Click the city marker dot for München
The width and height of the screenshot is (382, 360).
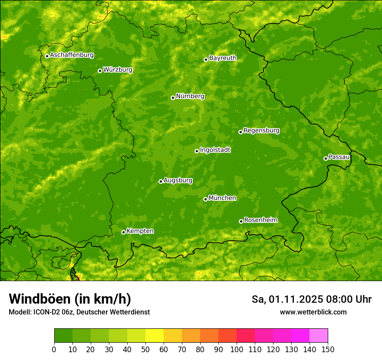coord(205,199)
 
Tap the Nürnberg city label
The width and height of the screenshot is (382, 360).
coord(190,96)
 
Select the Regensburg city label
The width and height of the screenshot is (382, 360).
coord(261,131)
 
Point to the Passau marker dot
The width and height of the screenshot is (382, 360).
coord(326,158)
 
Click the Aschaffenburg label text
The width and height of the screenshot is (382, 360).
coord(72,55)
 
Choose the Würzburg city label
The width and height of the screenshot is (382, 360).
coord(118,70)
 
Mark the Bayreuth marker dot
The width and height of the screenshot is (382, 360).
coord(206,59)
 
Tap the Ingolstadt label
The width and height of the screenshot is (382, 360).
coord(215,150)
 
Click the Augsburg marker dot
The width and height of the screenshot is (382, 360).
coord(161,181)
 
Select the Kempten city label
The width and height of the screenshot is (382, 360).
coord(140,231)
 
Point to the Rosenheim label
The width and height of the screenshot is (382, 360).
coord(260,220)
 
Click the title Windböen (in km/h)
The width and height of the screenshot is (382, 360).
coord(69,299)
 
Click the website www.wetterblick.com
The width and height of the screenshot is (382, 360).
coord(313,312)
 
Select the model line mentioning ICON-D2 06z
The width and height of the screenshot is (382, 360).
coord(79,312)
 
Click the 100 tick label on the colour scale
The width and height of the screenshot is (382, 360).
coord(237,349)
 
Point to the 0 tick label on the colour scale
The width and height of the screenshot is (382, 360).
coord(54,349)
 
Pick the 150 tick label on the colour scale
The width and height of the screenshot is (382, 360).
coord(328,349)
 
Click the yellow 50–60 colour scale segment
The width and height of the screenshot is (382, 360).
coord(155,336)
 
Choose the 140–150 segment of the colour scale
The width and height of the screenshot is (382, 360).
coord(319,336)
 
